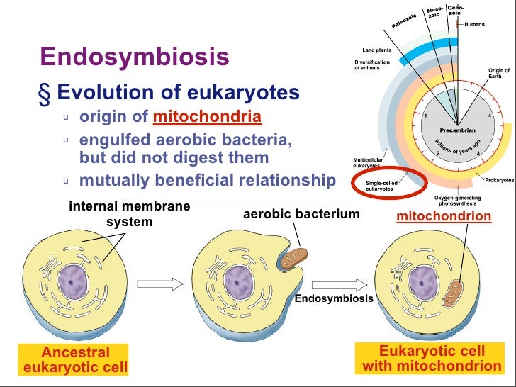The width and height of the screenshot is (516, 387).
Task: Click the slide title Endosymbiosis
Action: (x=134, y=57)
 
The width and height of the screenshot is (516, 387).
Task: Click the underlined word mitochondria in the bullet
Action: (x=206, y=116)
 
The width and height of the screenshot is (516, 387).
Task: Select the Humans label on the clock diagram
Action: (x=474, y=25)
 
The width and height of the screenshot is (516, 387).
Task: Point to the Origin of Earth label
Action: (x=498, y=74)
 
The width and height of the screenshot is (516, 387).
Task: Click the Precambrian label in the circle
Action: (x=457, y=130)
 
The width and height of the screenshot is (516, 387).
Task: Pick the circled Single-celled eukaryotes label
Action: (x=383, y=186)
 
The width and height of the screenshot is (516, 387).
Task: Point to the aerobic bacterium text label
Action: (x=301, y=213)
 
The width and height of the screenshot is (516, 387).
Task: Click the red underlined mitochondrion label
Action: (x=444, y=215)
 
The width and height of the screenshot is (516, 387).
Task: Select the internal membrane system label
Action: (x=129, y=214)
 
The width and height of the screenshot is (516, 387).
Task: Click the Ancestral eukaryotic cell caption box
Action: (x=76, y=359)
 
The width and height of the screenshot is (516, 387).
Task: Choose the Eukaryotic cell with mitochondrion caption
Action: (x=432, y=359)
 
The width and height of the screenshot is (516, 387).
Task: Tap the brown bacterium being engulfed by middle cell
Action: (x=293, y=258)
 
